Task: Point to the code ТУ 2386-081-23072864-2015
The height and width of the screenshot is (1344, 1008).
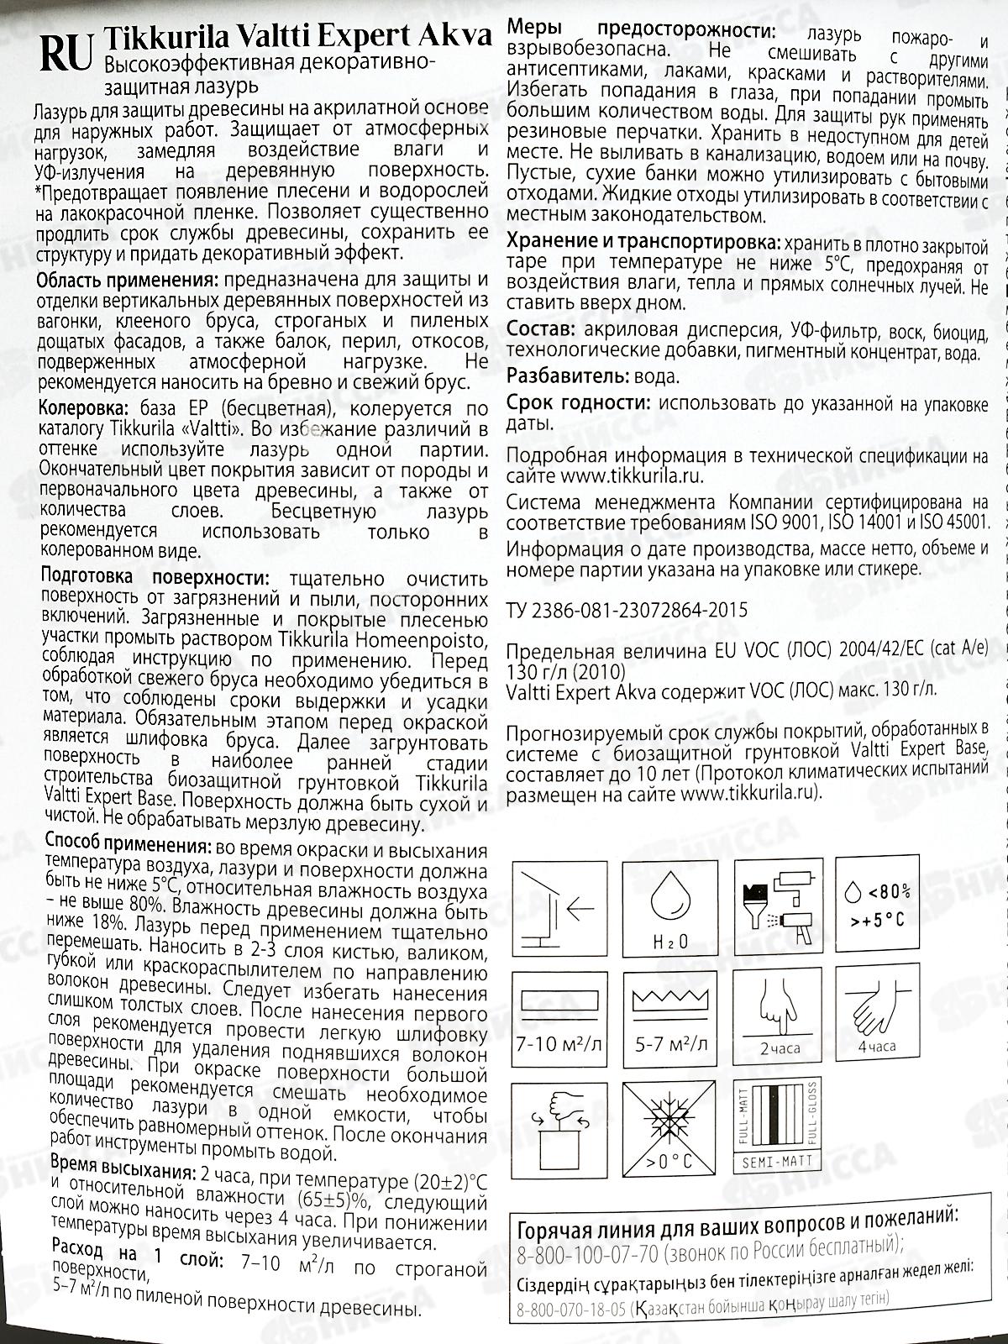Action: coord(627,611)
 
